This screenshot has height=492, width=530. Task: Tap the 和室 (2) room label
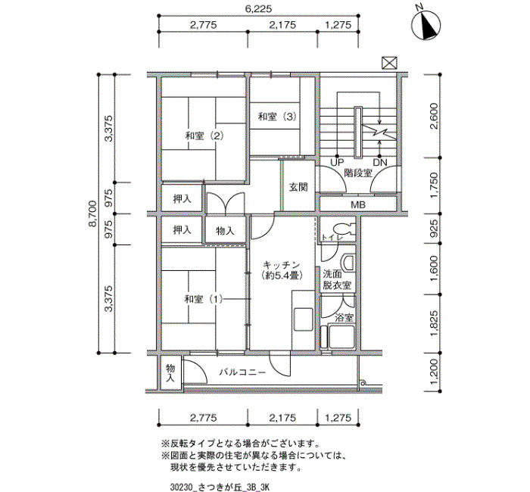click(x=204, y=136)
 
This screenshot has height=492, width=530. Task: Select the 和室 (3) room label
click(x=277, y=117)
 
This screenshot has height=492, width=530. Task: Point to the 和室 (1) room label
click(x=204, y=299)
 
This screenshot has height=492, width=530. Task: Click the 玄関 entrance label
click(x=298, y=187)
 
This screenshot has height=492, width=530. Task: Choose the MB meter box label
click(x=357, y=205)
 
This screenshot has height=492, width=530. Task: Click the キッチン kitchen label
click(x=281, y=265)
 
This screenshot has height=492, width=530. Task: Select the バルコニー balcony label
click(x=242, y=372)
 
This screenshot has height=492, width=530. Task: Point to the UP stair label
click(x=337, y=163)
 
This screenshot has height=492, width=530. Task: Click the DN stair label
click(x=380, y=163)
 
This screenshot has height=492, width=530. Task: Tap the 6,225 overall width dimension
click(x=258, y=8)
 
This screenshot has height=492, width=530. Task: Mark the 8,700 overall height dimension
click(x=92, y=213)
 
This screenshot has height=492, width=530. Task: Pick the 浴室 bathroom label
click(x=344, y=318)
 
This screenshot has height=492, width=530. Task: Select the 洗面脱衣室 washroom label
click(x=337, y=280)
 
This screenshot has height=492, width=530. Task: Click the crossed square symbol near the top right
click(x=389, y=63)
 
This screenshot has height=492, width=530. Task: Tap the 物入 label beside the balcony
click(x=170, y=372)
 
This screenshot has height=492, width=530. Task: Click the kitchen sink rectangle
click(x=303, y=319)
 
